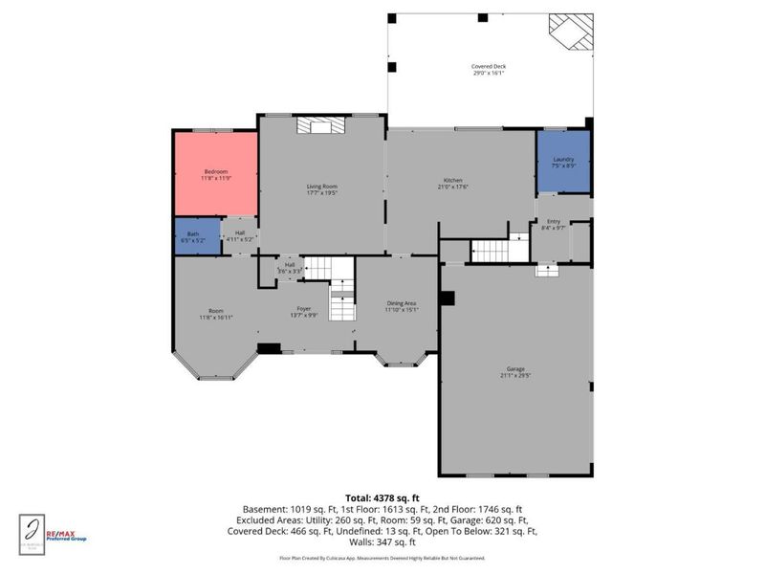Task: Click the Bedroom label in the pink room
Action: (x=216, y=171)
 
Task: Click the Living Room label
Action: (x=322, y=187)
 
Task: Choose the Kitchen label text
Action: (x=453, y=181)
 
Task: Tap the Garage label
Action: (x=516, y=368)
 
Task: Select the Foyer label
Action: (x=303, y=310)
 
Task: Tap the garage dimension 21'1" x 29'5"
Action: (x=516, y=375)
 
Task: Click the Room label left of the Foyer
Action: (x=217, y=310)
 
